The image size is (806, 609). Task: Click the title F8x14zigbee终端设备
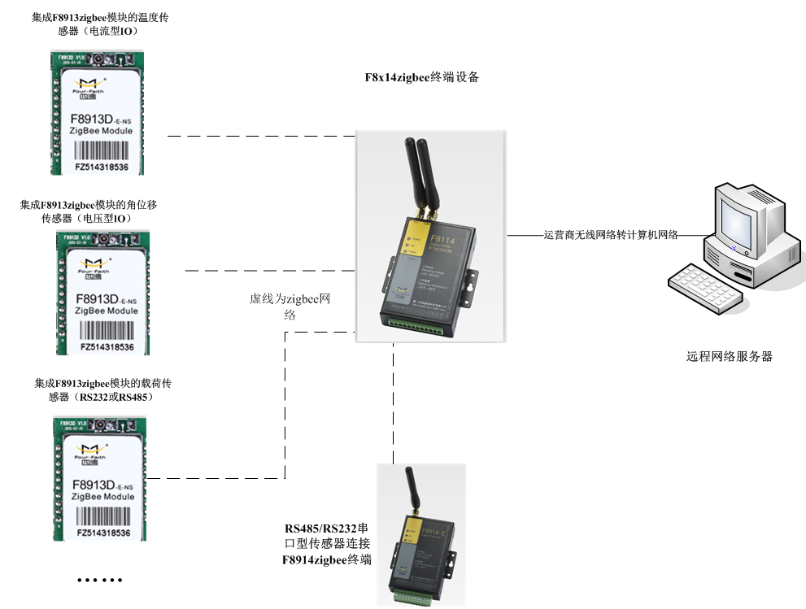421,78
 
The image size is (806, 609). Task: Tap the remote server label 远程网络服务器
729,356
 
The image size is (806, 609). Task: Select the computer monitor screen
738,212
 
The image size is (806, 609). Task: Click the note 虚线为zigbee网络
290,307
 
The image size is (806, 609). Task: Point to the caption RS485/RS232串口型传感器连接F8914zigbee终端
327,543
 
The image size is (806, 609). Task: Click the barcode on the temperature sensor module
102,150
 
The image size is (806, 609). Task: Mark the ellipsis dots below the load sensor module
99,580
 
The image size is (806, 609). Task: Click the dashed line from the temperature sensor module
252,136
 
